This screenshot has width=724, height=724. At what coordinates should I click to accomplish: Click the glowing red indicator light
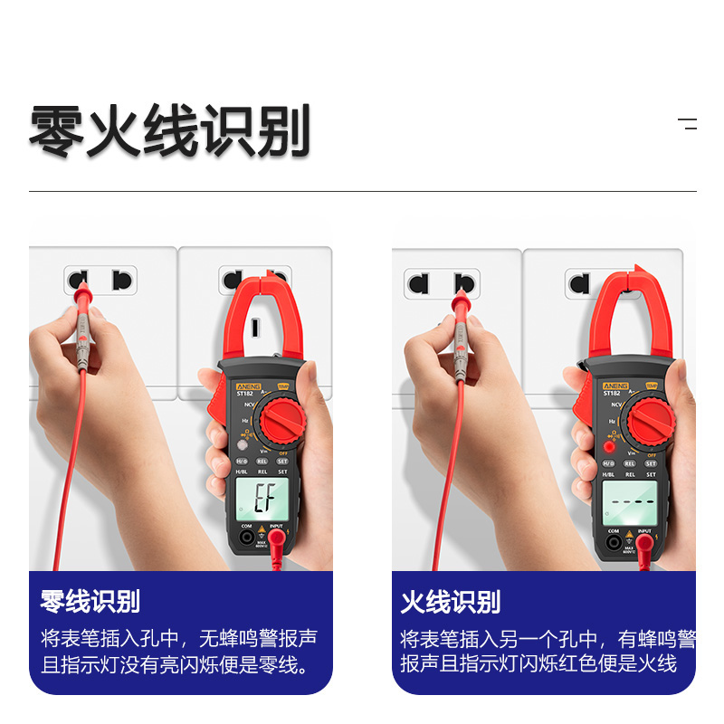610,446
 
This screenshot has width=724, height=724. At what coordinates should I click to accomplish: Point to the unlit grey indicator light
243,444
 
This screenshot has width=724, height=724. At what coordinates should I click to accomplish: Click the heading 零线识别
90,601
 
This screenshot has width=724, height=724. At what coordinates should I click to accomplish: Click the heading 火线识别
451,601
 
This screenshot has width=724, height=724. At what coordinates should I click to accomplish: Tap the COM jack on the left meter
245,538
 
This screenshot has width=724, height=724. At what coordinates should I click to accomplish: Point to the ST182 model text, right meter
613,393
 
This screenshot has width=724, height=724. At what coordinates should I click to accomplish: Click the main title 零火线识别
170,132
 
